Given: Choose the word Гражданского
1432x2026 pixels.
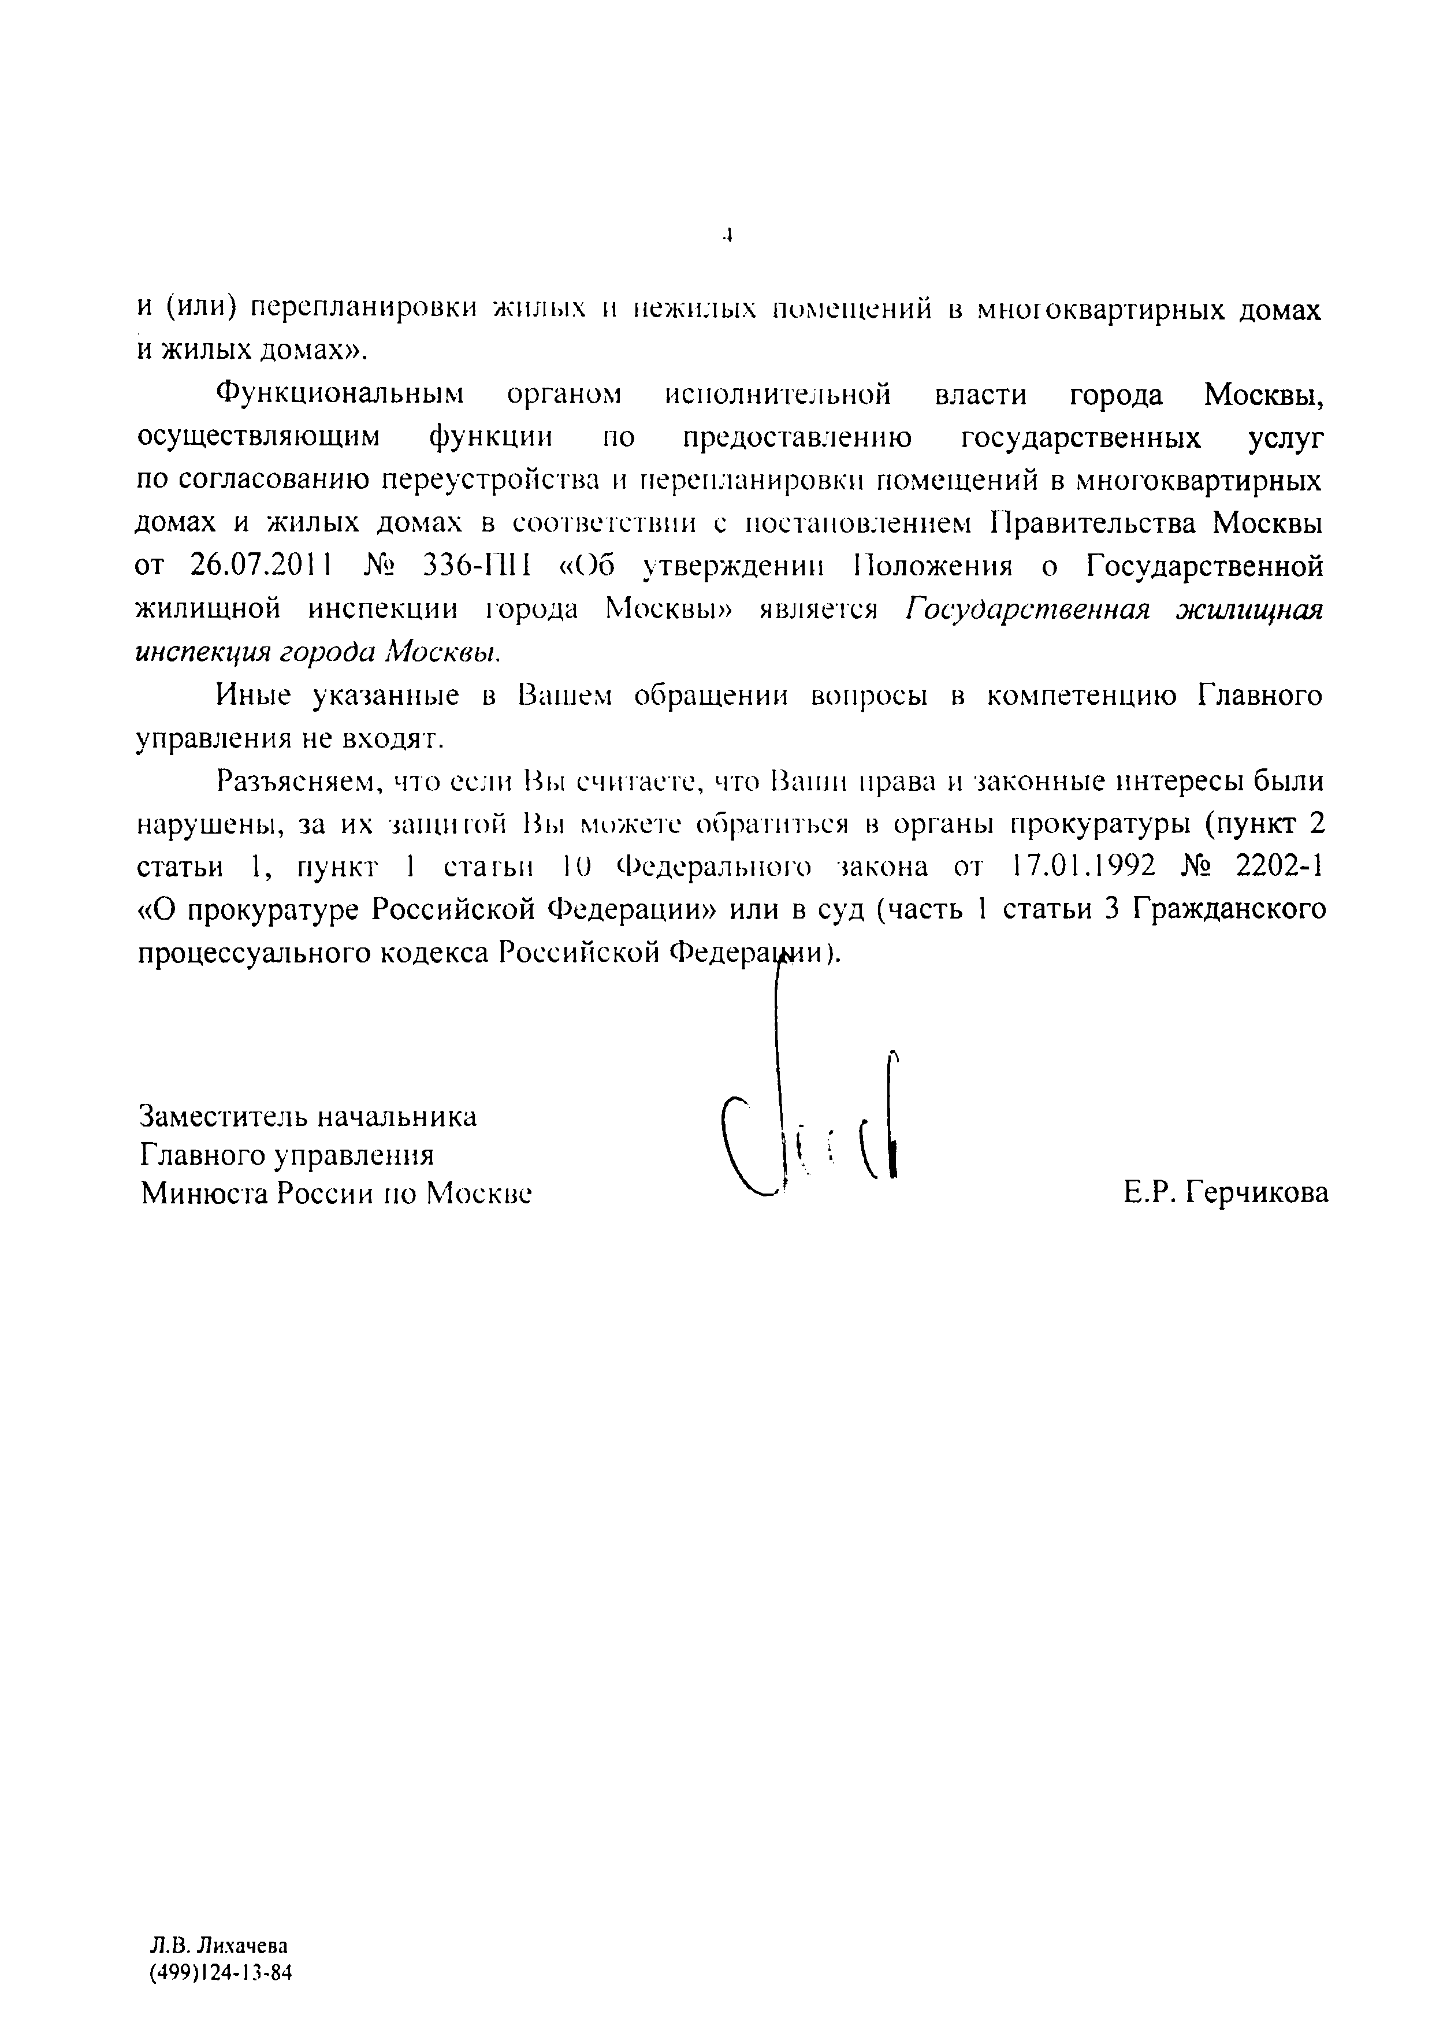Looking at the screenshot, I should point(1230,909).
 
